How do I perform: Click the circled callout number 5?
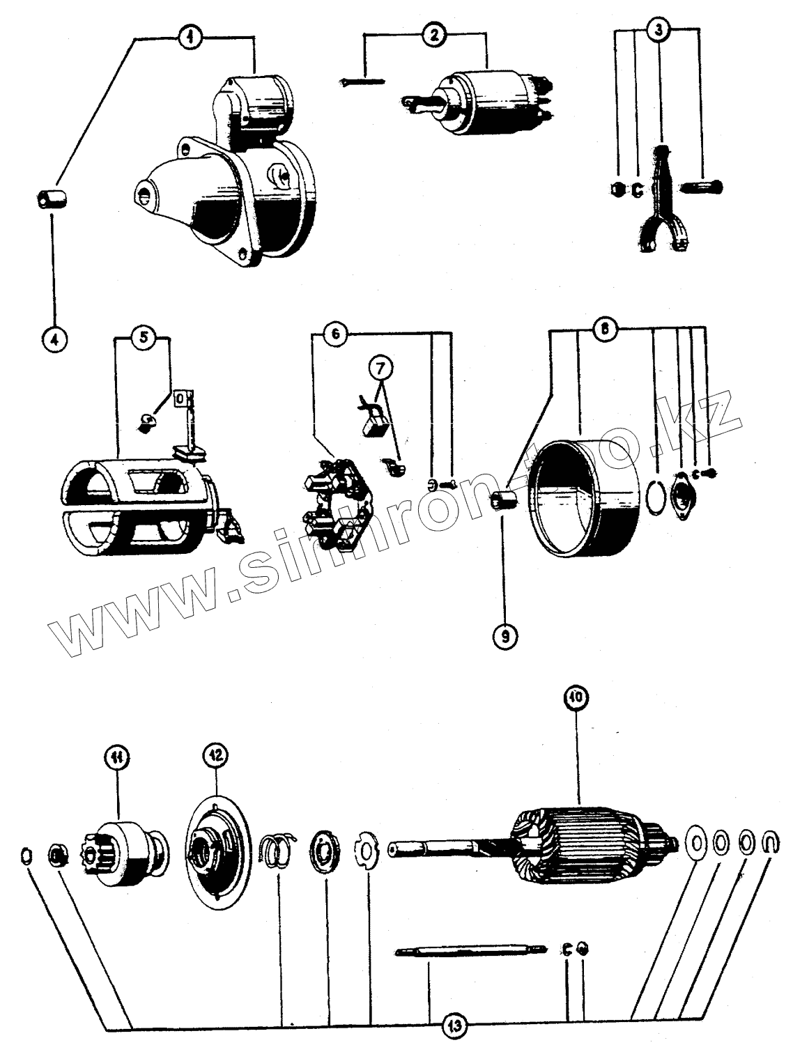coord(142,337)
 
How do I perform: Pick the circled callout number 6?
coord(335,334)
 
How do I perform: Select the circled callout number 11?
coord(118,757)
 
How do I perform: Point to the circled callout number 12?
coord(214,755)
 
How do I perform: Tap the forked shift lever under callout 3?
coord(659,202)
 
